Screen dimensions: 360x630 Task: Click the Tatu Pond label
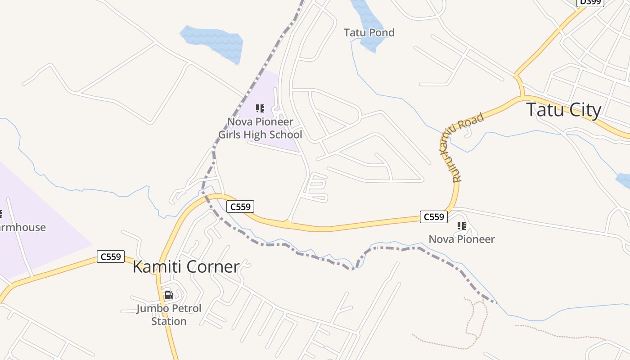click(369, 32)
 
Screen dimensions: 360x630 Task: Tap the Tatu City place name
click(563, 110)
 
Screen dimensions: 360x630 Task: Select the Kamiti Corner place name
click(186, 267)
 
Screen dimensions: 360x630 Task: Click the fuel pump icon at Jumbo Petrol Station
click(169, 295)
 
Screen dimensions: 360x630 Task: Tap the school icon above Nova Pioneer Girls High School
click(260, 108)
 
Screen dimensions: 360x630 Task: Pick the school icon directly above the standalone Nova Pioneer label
click(461, 226)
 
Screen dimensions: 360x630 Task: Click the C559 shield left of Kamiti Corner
click(111, 257)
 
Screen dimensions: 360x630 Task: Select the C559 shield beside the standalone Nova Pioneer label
click(434, 217)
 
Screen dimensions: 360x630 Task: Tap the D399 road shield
click(590, 2)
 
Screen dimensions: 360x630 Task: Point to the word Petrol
click(184, 309)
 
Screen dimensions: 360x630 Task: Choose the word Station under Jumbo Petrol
click(169, 321)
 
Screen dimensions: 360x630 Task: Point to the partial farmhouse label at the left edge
click(22, 227)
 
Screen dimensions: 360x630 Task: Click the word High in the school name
click(260, 135)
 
